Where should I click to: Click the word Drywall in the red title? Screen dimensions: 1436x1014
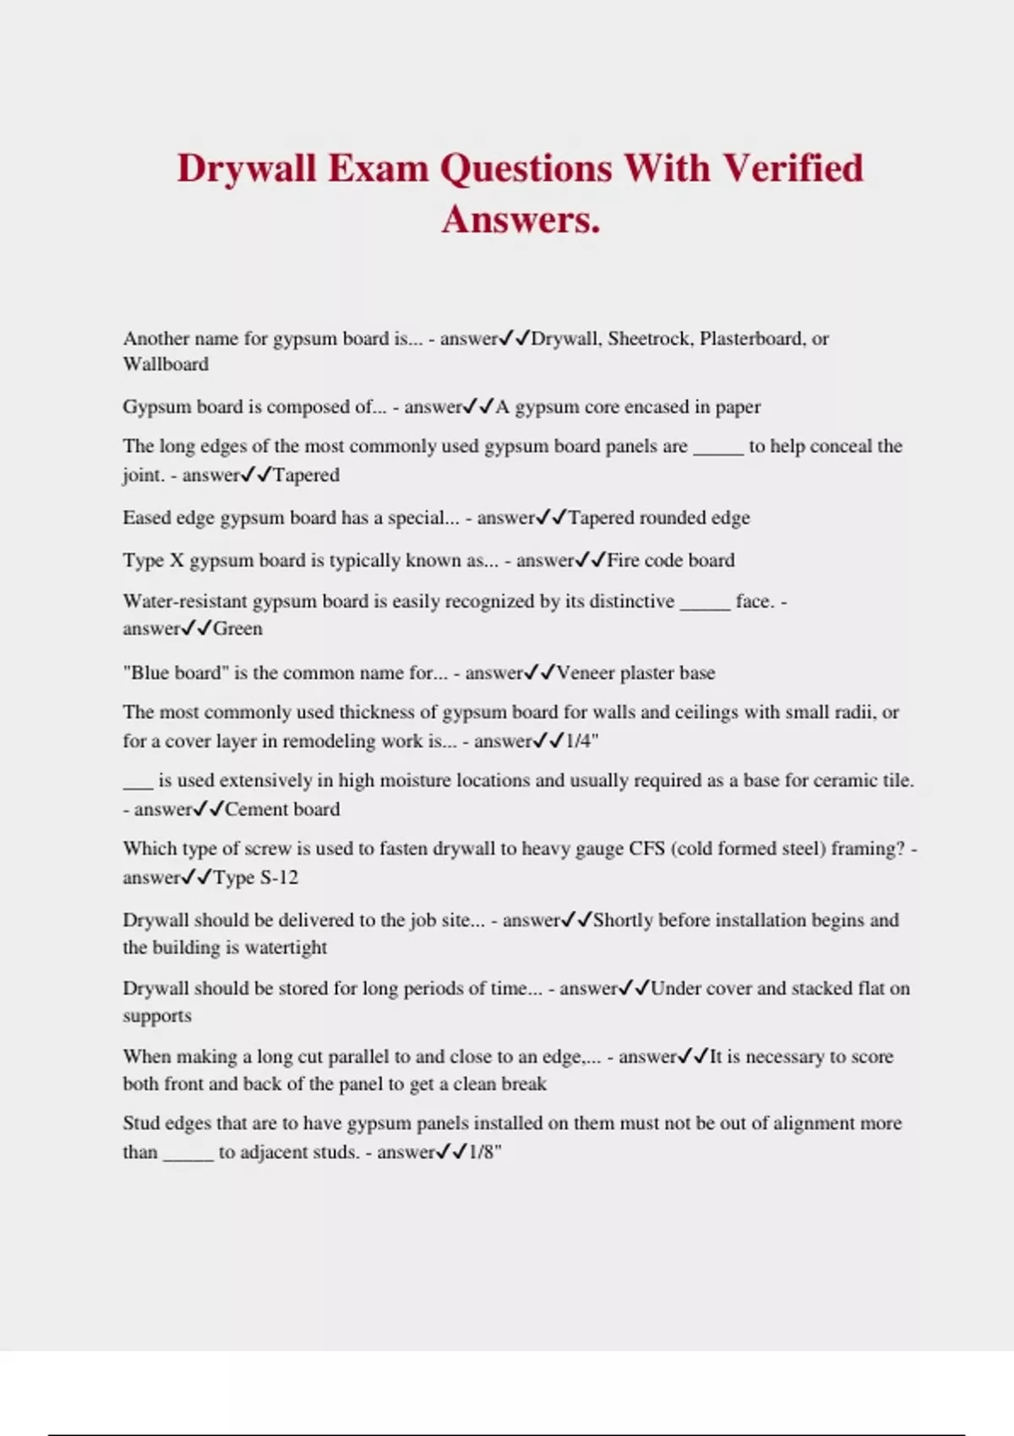tap(246, 168)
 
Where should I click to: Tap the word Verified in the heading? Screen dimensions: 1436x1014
tap(793, 168)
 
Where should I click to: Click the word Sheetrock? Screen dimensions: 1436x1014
tap(648, 339)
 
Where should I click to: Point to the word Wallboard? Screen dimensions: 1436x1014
tap(166, 365)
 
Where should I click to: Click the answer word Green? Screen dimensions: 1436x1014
tap(237, 628)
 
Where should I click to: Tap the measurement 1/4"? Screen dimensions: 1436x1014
tap(582, 742)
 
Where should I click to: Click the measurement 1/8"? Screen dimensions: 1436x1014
tap(485, 1152)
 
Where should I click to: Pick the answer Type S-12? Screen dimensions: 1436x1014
tap(255, 878)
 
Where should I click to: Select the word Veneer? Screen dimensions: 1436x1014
tap(585, 673)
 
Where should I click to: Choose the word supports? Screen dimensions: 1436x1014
tap(157, 1016)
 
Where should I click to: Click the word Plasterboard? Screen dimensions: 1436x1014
tap(752, 339)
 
